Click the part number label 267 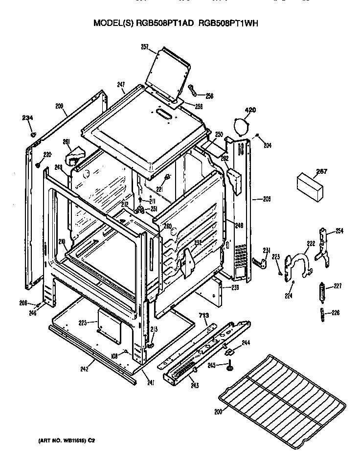pyautogui.click(x=321, y=171)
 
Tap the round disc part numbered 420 pyautogui.click(x=241, y=126)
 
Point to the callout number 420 pyautogui.click(x=250, y=111)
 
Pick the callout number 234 pyautogui.click(x=28, y=117)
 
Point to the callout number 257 pyautogui.click(x=145, y=47)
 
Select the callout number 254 pyautogui.click(x=339, y=231)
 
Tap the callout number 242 pyautogui.click(x=84, y=369)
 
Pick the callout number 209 pyautogui.click(x=59, y=105)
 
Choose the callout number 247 pyautogui.click(x=121, y=85)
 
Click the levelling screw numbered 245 pyautogui.click(x=229, y=366)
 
